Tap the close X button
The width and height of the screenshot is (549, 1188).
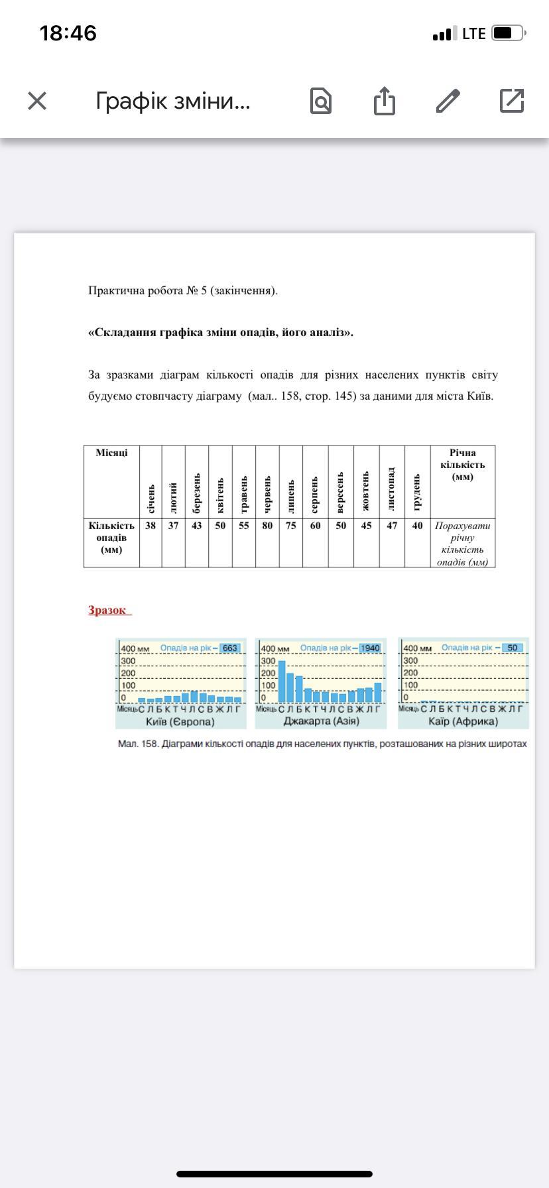(37, 101)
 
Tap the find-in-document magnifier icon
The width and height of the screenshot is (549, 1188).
(321, 101)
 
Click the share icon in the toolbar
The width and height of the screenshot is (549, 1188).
(384, 101)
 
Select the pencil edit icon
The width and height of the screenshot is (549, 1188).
(448, 101)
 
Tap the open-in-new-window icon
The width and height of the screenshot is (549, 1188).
(512, 101)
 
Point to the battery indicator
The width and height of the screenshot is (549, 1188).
(509, 33)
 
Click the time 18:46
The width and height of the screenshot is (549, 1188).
(68, 33)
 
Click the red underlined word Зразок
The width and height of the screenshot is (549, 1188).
(107, 611)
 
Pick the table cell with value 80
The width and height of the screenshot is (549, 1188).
(267, 526)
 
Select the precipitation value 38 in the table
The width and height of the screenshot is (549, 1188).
(151, 526)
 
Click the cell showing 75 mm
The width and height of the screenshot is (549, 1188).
(291, 526)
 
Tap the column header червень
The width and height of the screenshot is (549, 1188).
(267, 494)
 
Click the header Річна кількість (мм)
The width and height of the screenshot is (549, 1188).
(463, 465)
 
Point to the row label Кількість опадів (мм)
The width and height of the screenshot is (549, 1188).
(111, 537)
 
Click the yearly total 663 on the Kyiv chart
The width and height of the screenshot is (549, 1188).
(229, 648)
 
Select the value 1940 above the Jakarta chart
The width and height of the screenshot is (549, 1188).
(370, 648)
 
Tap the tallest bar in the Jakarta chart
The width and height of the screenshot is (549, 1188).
(282, 681)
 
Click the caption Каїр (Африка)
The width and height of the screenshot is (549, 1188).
(463, 721)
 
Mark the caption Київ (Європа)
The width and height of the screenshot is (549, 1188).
(180, 721)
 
